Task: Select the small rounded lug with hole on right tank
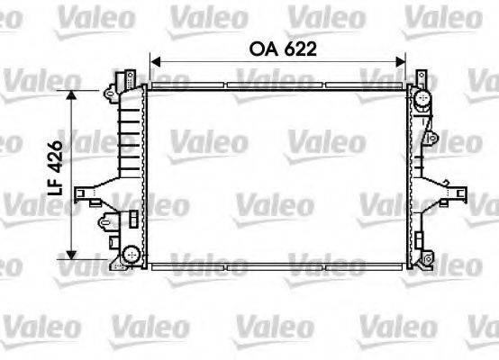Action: click(433, 138)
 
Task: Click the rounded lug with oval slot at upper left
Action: click(109, 91)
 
